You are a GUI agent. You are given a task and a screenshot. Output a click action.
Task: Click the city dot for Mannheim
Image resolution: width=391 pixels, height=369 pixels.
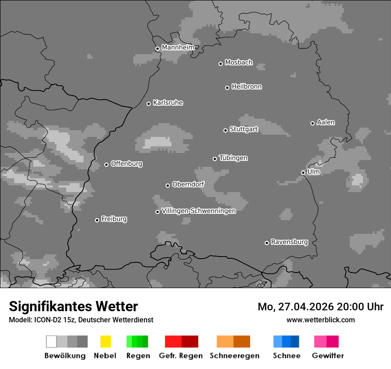pyautogui.click(x=157, y=49)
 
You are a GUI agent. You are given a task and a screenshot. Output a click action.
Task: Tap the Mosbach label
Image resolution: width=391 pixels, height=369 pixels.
pyautogui.click(x=239, y=63)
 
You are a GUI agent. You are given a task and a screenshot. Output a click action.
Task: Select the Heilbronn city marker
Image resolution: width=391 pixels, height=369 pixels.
pyautogui.click(x=227, y=88)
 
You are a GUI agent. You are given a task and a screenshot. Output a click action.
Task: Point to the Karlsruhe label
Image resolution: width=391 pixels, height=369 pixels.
pyautogui.click(x=168, y=103)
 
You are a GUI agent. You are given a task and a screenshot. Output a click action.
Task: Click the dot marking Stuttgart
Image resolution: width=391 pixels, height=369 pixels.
pyautogui.click(x=225, y=130)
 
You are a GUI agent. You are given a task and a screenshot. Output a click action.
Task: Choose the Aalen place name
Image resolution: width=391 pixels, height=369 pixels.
pyautogui.click(x=326, y=122)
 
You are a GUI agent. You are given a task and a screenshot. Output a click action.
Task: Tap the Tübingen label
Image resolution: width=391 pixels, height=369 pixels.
pyautogui.click(x=233, y=158)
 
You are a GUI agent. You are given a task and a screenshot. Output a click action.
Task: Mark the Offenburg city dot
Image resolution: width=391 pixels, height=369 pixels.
pyautogui.click(x=106, y=164)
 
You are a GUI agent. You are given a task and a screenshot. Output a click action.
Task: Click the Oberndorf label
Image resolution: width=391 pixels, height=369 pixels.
pyautogui.click(x=188, y=184)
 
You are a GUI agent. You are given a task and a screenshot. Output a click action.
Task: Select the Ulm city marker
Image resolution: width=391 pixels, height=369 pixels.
pyautogui.click(x=303, y=172)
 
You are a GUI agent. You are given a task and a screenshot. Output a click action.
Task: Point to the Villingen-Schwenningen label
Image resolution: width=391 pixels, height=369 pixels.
pyautogui.click(x=199, y=211)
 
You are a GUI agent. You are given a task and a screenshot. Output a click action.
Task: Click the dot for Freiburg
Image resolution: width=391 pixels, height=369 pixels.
pyautogui.click(x=97, y=220)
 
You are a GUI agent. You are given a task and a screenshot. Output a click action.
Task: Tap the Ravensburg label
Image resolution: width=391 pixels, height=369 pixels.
pyautogui.click(x=289, y=242)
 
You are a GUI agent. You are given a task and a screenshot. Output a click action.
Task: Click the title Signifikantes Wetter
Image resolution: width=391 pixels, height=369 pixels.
pyautogui.click(x=73, y=306)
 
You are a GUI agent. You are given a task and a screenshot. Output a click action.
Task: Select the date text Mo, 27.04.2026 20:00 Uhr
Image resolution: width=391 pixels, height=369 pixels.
pyautogui.click(x=320, y=307)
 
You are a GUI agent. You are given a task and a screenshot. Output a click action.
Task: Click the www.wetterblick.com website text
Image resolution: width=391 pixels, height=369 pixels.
pyautogui.click(x=320, y=320)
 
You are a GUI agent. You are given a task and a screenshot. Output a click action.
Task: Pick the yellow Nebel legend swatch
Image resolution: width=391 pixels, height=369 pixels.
pyautogui.click(x=105, y=341)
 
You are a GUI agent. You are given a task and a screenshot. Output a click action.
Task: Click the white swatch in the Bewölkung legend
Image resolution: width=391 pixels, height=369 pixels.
pyautogui.click(x=51, y=341)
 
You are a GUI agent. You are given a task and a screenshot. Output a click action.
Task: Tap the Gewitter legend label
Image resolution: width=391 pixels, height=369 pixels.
pyautogui.click(x=328, y=356)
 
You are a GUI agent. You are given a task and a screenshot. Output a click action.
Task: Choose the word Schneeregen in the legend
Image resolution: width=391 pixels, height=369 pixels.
pyautogui.click(x=234, y=356)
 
